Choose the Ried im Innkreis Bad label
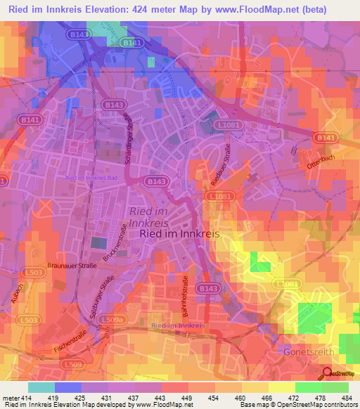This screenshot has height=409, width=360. [91, 178]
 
